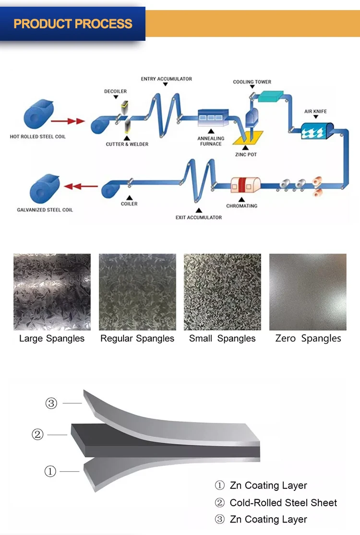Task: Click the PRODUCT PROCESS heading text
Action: tap(73, 24)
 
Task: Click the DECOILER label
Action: tap(115, 91)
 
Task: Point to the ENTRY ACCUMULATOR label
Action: tap(166, 79)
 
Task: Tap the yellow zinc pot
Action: tap(248, 138)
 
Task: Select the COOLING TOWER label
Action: tap(252, 82)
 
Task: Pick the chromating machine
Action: tap(244, 185)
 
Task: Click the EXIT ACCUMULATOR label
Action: tap(199, 217)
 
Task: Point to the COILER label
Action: tap(129, 204)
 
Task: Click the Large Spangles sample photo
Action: tap(52, 292)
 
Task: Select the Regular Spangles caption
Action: tap(137, 338)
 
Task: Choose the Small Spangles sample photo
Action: tap(222, 292)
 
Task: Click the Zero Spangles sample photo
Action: tap(308, 292)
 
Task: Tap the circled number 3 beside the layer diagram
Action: tap(51, 404)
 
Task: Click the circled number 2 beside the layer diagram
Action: tap(37, 435)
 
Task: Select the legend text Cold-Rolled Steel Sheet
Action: tap(283, 502)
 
